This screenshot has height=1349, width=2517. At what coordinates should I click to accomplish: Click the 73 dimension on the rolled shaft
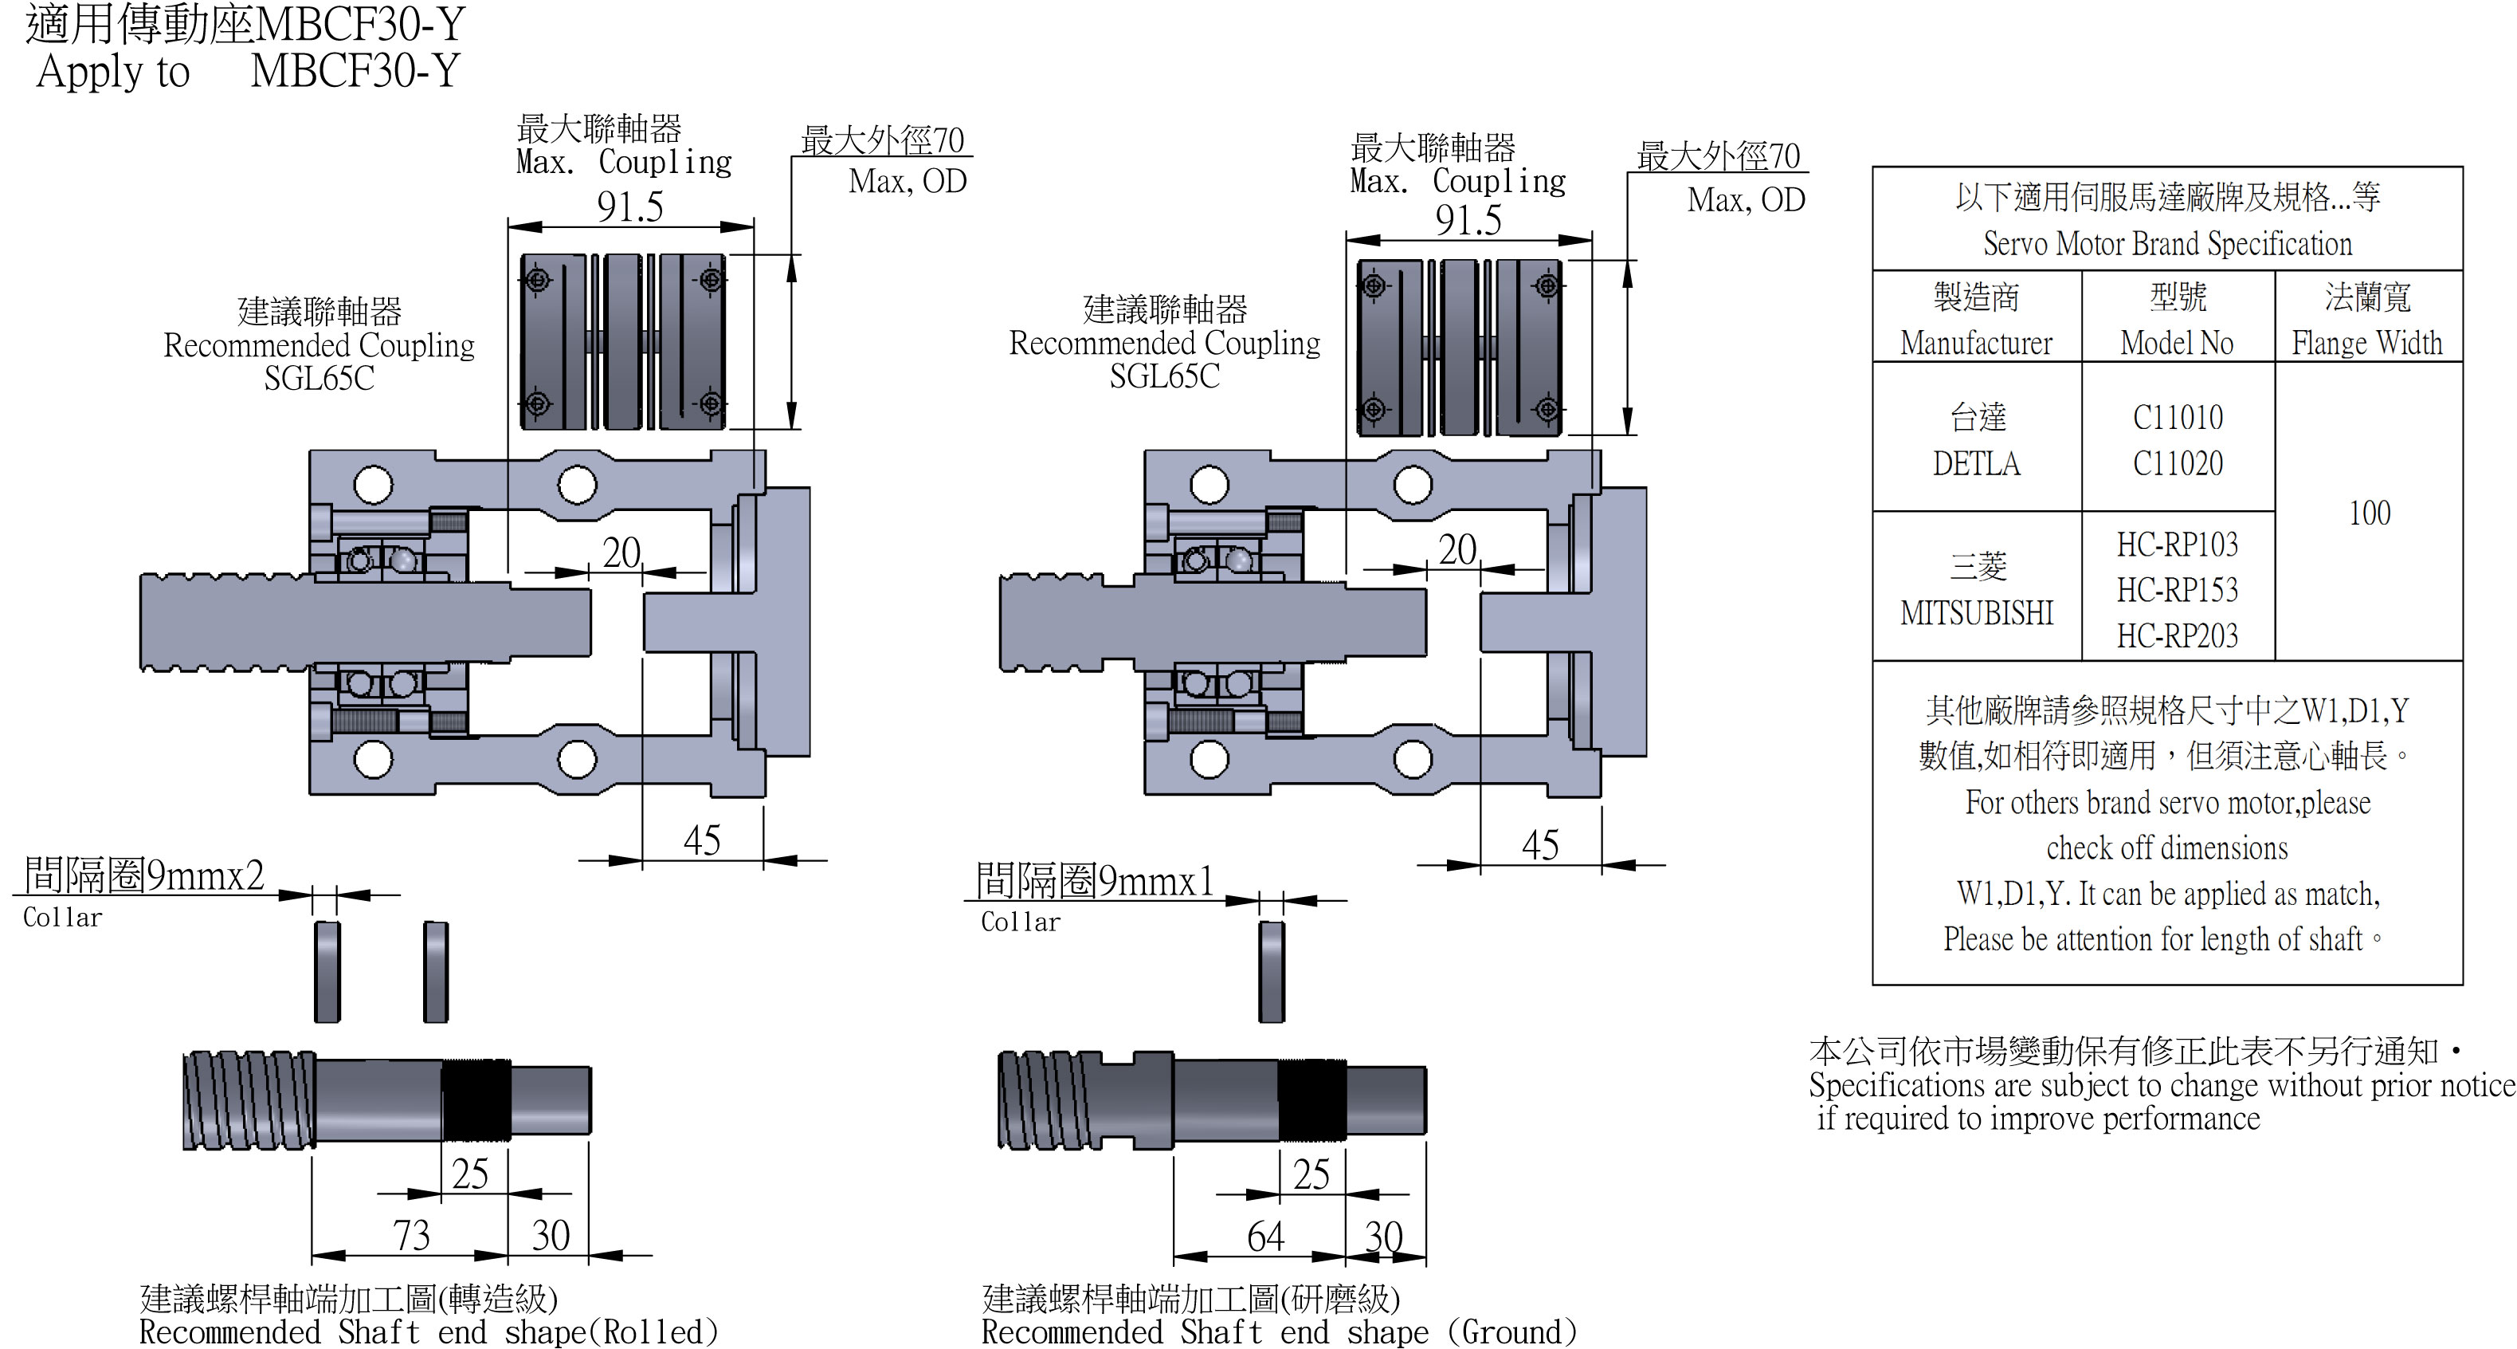click(x=411, y=1236)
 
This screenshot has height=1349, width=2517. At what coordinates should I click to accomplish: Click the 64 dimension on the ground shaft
click(x=1264, y=1237)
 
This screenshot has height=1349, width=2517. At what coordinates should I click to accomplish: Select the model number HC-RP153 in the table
click(x=2177, y=589)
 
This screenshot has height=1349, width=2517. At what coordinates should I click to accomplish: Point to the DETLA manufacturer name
click(x=1976, y=463)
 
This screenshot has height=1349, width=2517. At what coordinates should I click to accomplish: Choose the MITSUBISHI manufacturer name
click(x=1977, y=613)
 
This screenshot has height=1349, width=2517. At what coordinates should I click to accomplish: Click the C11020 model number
click(x=2177, y=463)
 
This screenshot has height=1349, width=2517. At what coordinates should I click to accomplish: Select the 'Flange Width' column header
click(x=2366, y=343)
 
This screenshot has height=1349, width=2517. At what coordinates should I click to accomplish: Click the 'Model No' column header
click(x=2177, y=343)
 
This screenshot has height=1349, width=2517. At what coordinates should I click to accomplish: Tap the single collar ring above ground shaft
click(x=1271, y=972)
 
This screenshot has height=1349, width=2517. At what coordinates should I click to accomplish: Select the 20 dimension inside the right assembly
click(x=1456, y=549)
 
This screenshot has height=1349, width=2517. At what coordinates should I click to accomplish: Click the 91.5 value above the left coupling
click(x=630, y=206)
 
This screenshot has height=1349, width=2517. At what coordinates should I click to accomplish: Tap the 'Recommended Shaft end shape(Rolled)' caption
click(x=428, y=1332)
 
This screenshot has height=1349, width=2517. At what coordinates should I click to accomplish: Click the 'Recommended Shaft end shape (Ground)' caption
click(x=1278, y=1332)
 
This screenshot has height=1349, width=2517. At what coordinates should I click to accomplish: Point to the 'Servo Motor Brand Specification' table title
click(x=2167, y=243)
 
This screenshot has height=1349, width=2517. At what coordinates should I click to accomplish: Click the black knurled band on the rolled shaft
click(x=476, y=1099)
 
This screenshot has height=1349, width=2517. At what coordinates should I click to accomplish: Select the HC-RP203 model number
click(x=2177, y=635)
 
